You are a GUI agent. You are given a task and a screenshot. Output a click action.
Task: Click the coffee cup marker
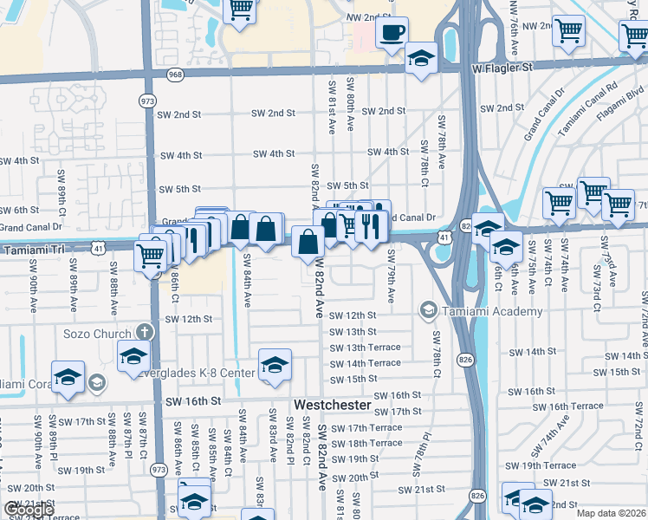point(392,33)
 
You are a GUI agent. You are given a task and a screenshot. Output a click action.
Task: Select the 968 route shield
point(176,75)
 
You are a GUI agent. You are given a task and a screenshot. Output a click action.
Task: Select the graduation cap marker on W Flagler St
point(421,58)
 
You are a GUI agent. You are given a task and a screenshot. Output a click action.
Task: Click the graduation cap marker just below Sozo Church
point(134,355)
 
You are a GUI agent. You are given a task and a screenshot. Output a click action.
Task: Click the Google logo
point(29,510)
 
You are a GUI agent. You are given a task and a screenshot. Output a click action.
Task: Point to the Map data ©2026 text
point(611,513)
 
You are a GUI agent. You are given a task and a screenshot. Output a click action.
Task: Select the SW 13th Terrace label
point(366,348)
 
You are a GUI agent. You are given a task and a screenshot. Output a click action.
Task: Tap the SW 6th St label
point(20,210)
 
